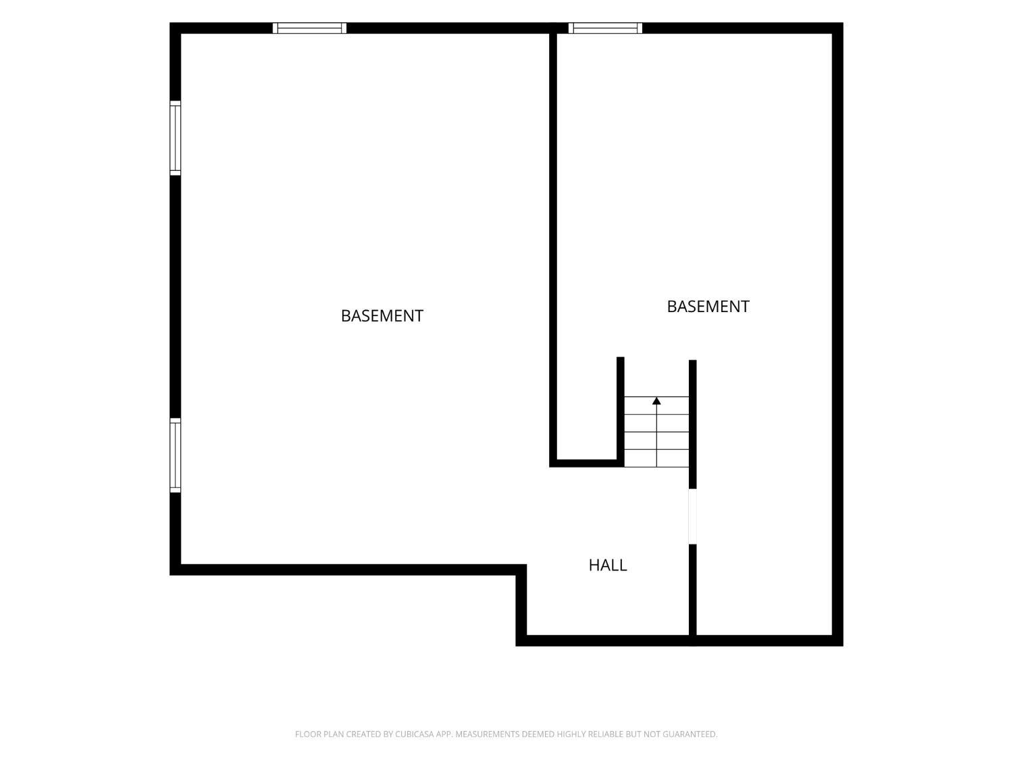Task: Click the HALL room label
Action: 607,565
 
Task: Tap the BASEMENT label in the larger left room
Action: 382,316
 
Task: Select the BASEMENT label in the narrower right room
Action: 708,307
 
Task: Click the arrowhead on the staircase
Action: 656,401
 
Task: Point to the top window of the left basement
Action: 309,28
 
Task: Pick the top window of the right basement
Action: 605,28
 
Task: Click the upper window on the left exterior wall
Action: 176,138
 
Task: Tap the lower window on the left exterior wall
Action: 176,455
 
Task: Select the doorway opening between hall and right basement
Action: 692,516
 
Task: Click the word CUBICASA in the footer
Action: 415,734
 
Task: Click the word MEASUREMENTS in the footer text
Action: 488,734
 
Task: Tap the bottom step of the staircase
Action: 656,458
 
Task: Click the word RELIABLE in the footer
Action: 606,734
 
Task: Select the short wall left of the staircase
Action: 620,411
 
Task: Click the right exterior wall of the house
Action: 837,334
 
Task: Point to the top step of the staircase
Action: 656,405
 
